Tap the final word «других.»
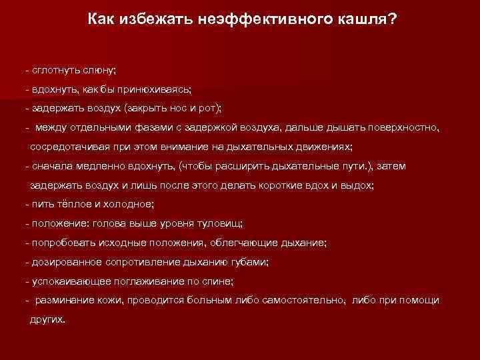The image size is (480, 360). [x=48, y=319]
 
